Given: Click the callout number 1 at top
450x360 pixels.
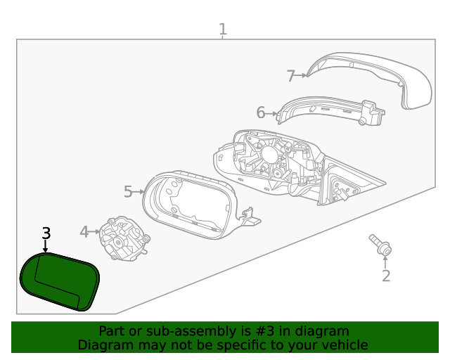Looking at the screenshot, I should [222, 30].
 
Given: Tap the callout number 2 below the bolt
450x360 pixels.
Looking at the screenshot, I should [385, 276].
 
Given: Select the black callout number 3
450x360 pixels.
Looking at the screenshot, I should [46, 233].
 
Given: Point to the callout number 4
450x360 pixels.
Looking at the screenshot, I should [84, 231].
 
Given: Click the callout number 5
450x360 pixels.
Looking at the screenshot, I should [128, 191].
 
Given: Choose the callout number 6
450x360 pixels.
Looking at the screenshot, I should [260, 112].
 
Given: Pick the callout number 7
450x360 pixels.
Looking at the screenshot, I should [290, 75].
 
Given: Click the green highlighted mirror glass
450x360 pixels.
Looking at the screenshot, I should [60, 281].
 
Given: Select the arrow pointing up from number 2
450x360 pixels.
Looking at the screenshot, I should [385, 262].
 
